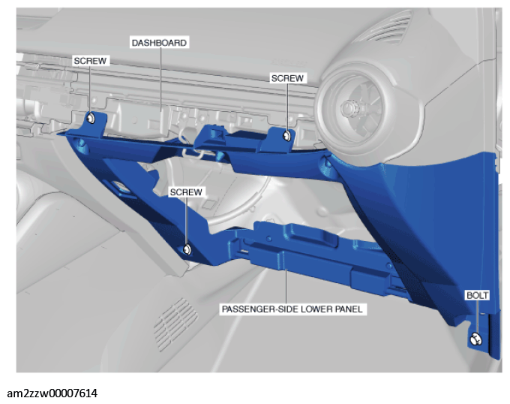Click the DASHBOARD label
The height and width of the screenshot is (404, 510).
(x=159, y=43)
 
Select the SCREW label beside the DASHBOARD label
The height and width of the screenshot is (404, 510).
(x=90, y=61)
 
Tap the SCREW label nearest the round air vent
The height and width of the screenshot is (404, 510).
(x=287, y=78)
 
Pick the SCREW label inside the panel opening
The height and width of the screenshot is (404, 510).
(x=186, y=192)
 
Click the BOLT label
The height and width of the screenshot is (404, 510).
(x=477, y=295)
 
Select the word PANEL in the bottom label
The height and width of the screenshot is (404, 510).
(x=348, y=309)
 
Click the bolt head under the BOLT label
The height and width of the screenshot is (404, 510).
(x=475, y=339)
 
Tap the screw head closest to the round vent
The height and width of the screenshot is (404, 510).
(x=286, y=135)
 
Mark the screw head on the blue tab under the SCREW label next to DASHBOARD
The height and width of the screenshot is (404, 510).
(x=91, y=118)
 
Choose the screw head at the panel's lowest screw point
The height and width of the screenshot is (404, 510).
(x=187, y=250)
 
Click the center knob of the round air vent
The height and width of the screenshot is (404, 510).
(x=349, y=107)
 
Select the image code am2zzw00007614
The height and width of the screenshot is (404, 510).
(x=52, y=393)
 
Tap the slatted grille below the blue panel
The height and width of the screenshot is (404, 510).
(x=176, y=323)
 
